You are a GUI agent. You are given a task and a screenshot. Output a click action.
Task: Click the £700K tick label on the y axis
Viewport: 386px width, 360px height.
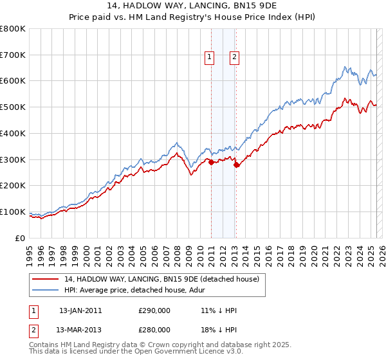(13, 55)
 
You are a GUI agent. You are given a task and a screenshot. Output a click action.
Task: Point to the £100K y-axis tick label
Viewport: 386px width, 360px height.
(13, 212)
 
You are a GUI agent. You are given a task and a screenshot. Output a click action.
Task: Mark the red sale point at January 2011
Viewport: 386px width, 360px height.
(211, 162)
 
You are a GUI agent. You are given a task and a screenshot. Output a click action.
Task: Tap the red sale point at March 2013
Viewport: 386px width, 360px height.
(236, 165)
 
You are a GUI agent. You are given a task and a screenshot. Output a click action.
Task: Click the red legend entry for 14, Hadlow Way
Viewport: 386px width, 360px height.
(161, 279)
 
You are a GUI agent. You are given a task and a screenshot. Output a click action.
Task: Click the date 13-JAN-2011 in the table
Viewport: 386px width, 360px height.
(80, 310)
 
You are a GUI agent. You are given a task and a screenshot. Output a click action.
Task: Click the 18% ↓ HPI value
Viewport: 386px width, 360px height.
(219, 330)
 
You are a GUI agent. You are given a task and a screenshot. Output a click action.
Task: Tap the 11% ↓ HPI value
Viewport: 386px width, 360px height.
(219, 310)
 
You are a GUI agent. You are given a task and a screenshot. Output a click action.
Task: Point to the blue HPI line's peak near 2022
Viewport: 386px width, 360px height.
(345, 66)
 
